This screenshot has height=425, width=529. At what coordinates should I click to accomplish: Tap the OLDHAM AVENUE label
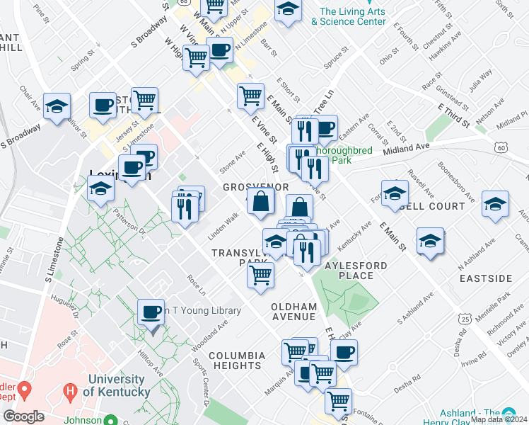293,311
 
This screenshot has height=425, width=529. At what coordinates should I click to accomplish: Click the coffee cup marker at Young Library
152,312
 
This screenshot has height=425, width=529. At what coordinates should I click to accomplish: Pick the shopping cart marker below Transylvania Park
261,274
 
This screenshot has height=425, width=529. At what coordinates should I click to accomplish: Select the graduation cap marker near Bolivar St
57,107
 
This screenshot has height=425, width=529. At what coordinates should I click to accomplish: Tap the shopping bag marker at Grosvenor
261,201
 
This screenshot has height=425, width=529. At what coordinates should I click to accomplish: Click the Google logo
23,416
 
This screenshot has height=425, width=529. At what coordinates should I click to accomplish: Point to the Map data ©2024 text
498,419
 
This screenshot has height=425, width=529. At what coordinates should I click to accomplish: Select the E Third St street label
453,114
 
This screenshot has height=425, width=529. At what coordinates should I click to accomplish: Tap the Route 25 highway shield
464,319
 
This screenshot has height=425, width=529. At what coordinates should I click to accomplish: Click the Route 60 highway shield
501,147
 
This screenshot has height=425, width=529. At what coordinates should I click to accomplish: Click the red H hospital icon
69,389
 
